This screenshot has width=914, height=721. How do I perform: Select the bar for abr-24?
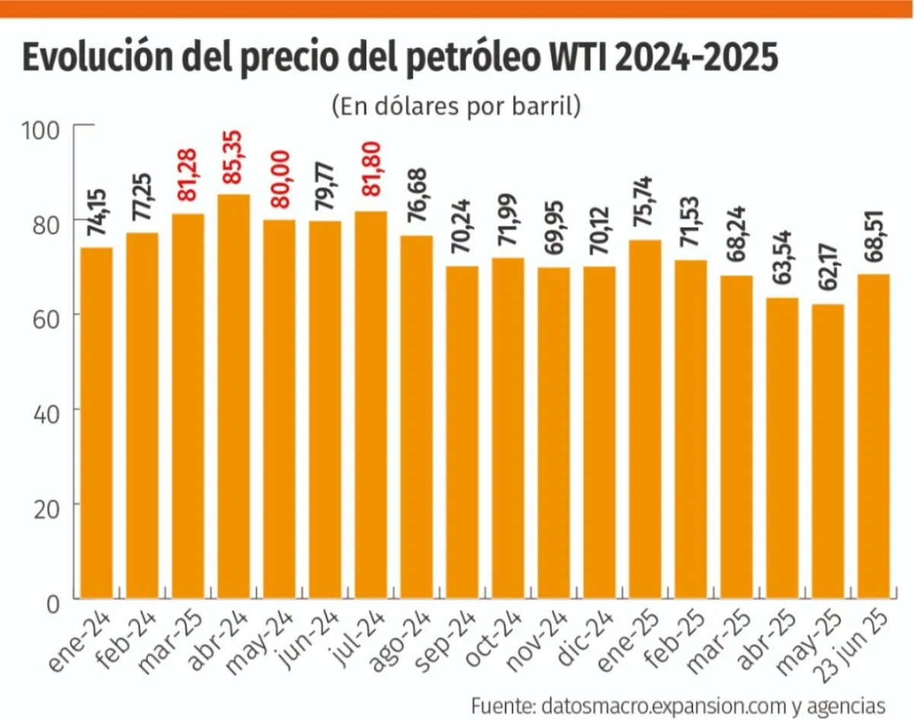coord(234,396)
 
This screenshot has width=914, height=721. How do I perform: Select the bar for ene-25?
coord(645,419)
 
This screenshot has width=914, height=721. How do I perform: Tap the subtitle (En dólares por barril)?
coord(456,105)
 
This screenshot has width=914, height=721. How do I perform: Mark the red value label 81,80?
coord(370,178)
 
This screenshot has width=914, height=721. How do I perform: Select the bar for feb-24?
coord(142,415)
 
